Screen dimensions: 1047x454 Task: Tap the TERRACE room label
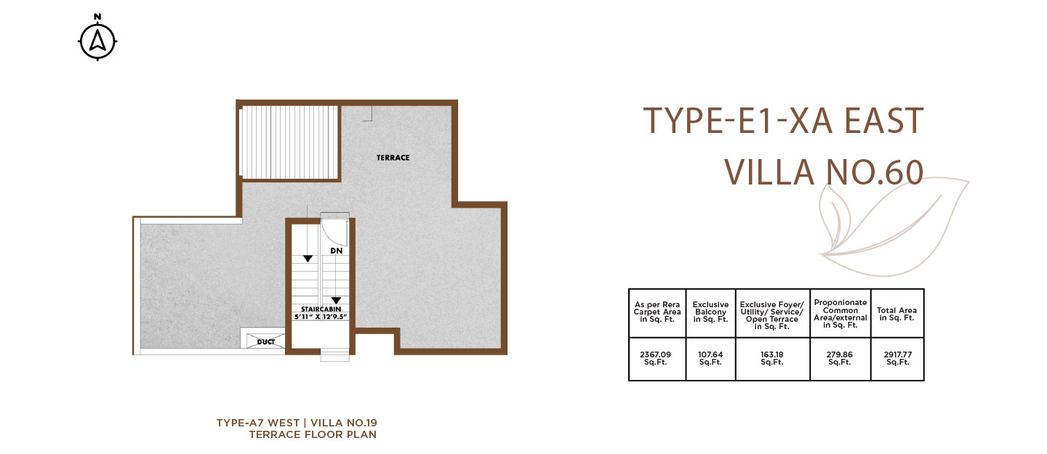coord(393,158)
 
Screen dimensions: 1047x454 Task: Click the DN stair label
coord(337,251)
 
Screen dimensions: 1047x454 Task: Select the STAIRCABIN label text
coord(321,309)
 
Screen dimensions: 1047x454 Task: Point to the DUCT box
coord(265,341)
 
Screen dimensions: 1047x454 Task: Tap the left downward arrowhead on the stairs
coord(308,259)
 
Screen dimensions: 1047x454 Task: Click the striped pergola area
coord(290,142)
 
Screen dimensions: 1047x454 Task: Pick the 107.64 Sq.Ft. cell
coord(710,358)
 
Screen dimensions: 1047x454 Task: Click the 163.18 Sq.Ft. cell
coord(771,358)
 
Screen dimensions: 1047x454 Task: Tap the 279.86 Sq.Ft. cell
coord(840,358)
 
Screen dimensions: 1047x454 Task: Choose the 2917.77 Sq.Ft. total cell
coord(897,358)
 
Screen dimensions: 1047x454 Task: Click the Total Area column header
coord(896,314)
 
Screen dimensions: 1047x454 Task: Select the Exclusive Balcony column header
coord(710,312)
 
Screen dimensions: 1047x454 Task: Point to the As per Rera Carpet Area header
coord(657,312)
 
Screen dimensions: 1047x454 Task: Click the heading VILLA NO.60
coord(824,172)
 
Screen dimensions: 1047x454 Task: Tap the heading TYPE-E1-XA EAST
coord(783,121)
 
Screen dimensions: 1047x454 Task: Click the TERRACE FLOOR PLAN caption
coord(313,434)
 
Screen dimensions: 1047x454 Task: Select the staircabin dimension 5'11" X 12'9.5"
coord(321,317)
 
